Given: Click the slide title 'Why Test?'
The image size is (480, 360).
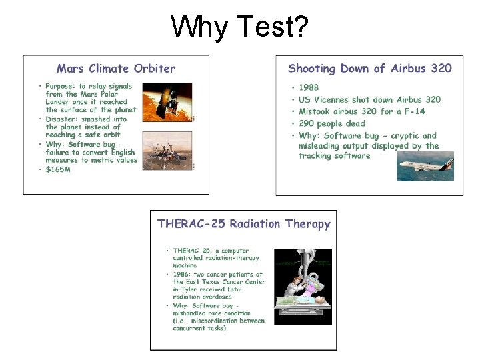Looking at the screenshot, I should pos(239,27).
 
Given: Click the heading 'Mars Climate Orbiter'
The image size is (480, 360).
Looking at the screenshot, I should pos(116,68).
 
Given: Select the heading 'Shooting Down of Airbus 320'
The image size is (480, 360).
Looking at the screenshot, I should pos(369,68).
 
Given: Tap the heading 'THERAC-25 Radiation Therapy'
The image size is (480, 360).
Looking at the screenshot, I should pos(243,224).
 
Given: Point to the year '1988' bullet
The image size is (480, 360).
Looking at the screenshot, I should pos(309,87).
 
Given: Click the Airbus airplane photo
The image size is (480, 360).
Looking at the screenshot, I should pos(425,166).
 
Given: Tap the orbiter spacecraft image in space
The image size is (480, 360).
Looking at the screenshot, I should pos(167,102).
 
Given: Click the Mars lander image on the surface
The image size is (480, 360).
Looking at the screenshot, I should pos(167,151).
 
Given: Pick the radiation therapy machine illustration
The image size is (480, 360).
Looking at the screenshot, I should pos(303,287).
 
